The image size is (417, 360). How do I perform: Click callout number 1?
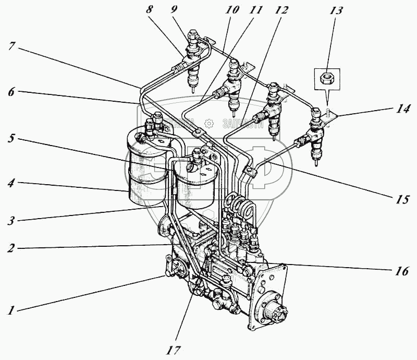[10, 311]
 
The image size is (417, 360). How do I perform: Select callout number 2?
[10, 248]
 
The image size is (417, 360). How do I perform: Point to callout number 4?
[10, 184]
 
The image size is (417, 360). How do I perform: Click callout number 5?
[10, 140]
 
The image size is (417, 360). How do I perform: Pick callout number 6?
[10, 91]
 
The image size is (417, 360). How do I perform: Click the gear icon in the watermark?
[209, 123]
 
